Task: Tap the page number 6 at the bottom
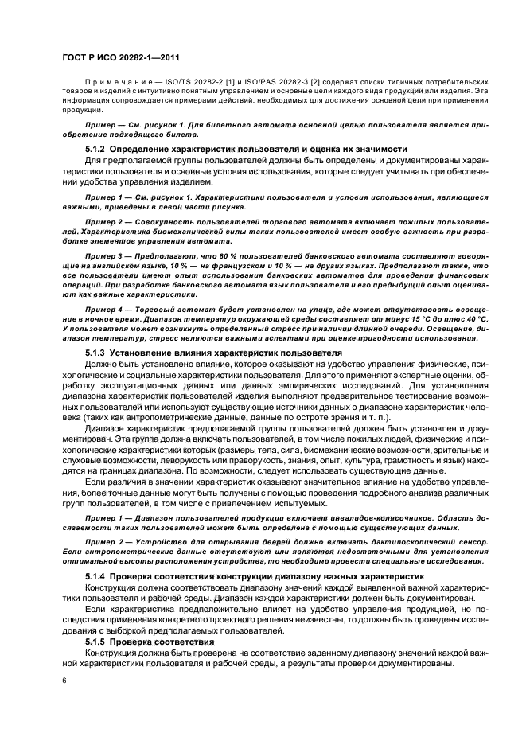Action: (64, 681)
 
